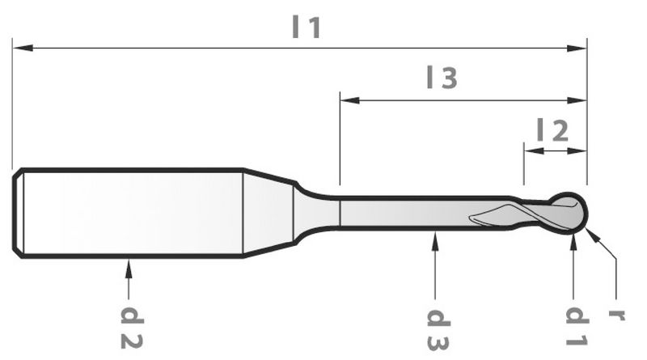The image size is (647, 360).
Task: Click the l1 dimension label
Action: pyautogui.click(x=307, y=28)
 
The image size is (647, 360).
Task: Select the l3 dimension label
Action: pyautogui.click(x=442, y=78)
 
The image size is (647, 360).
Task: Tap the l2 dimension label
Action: pyautogui.click(x=553, y=130)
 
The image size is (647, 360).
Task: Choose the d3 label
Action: pyautogui.click(x=438, y=329)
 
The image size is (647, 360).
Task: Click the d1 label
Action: pyautogui.click(x=577, y=326)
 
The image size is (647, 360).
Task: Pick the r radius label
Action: pyautogui.click(x=617, y=315)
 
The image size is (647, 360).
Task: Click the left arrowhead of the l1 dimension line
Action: pyautogui.click(x=23, y=49)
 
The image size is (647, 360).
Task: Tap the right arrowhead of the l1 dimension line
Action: pyautogui.click(x=577, y=49)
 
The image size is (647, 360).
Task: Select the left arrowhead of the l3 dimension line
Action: pyautogui.click(x=350, y=100)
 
